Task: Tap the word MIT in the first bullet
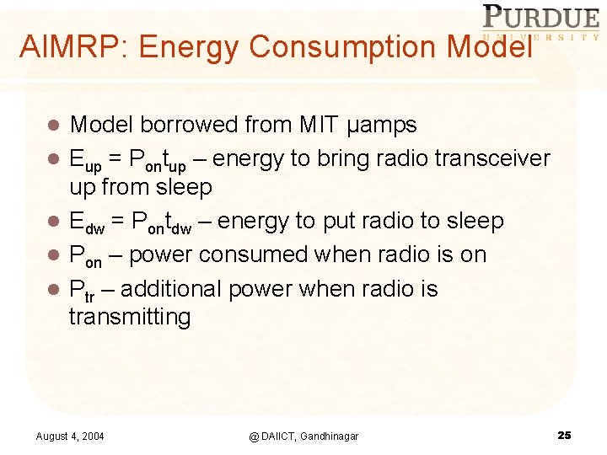[x=320, y=126]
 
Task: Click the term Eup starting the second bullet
[x=84, y=160]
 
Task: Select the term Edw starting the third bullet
[x=87, y=222]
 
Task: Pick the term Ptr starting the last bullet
[x=82, y=291]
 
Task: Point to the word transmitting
[x=130, y=317]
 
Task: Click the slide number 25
[x=564, y=435]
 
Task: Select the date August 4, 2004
[x=70, y=436]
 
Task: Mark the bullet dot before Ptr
[x=52, y=290]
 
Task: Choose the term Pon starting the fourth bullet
[x=85, y=256]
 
